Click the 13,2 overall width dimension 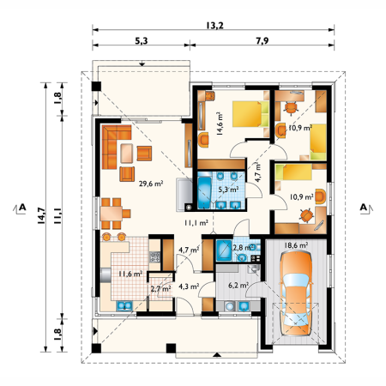[x=214, y=26]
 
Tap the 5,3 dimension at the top [x=142, y=41]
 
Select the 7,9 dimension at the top [x=262, y=41]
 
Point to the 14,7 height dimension [x=41, y=215]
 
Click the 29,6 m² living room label [x=151, y=184]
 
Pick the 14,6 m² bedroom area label [x=220, y=124]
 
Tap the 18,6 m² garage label [x=296, y=245]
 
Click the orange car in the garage [x=296, y=293]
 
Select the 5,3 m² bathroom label [x=228, y=189]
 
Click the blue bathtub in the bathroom [x=204, y=193]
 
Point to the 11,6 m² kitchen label [x=130, y=274]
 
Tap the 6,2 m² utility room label [x=238, y=285]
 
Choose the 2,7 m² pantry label [x=160, y=289]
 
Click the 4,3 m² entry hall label [x=189, y=286]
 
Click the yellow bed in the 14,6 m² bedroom [x=250, y=114]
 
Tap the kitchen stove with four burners [x=154, y=256]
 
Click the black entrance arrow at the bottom [x=217, y=355]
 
